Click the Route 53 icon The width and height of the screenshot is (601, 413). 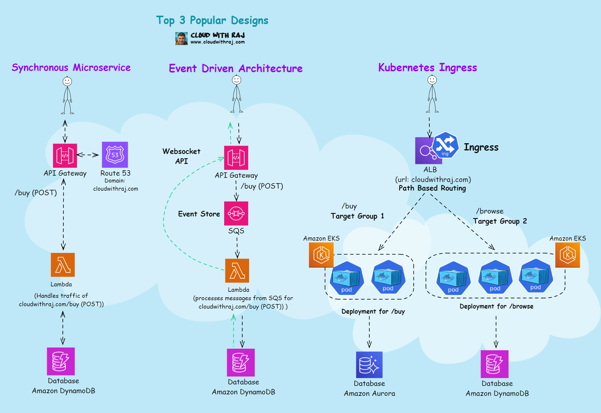[115, 155]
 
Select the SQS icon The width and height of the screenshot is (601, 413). [236, 213]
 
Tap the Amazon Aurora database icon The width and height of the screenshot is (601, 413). [369, 365]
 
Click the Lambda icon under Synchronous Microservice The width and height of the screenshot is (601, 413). [63, 265]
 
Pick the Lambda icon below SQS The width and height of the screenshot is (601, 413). [237, 270]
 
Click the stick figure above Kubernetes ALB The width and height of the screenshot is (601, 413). [432, 94]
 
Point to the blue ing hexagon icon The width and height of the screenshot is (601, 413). [445, 145]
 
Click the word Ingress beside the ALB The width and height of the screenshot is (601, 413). [481, 147]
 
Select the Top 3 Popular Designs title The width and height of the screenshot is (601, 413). [212, 20]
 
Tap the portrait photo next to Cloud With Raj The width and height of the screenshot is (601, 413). [181, 39]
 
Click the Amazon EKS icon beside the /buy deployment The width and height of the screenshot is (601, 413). [321, 255]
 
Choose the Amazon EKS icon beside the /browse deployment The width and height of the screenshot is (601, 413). [567, 255]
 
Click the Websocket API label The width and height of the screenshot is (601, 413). [182, 156]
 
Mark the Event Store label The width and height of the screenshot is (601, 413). [199, 214]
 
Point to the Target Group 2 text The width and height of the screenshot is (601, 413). [500, 221]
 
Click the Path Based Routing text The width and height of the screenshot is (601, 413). [432, 188]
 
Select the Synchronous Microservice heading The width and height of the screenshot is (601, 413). [71, 68]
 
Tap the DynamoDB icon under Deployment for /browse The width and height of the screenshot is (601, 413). [495, 364]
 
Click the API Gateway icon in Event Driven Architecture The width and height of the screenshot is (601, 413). [236, 158]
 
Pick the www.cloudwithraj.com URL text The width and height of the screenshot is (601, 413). [218, 42]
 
